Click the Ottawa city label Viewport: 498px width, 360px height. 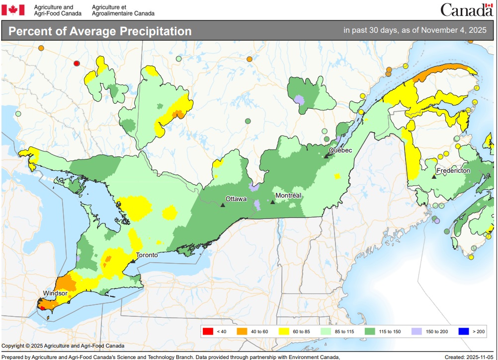coord(236,199)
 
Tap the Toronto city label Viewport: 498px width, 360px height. coord(147,255)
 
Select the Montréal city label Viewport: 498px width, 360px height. coord(288,196)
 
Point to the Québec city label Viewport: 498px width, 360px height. coord(340,150)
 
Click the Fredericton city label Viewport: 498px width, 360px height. coord(453,170)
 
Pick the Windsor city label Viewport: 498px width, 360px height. coord(55,293)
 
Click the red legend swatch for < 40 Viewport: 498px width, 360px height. coord(208,331)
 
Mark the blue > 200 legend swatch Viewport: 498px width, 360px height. coord(463,331)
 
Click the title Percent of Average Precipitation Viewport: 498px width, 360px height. coord(100,31)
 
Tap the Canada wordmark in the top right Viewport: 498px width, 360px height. coord(466,9)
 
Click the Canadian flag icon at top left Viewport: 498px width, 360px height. coord(13,9)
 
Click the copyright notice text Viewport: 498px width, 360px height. coord(63,346)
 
